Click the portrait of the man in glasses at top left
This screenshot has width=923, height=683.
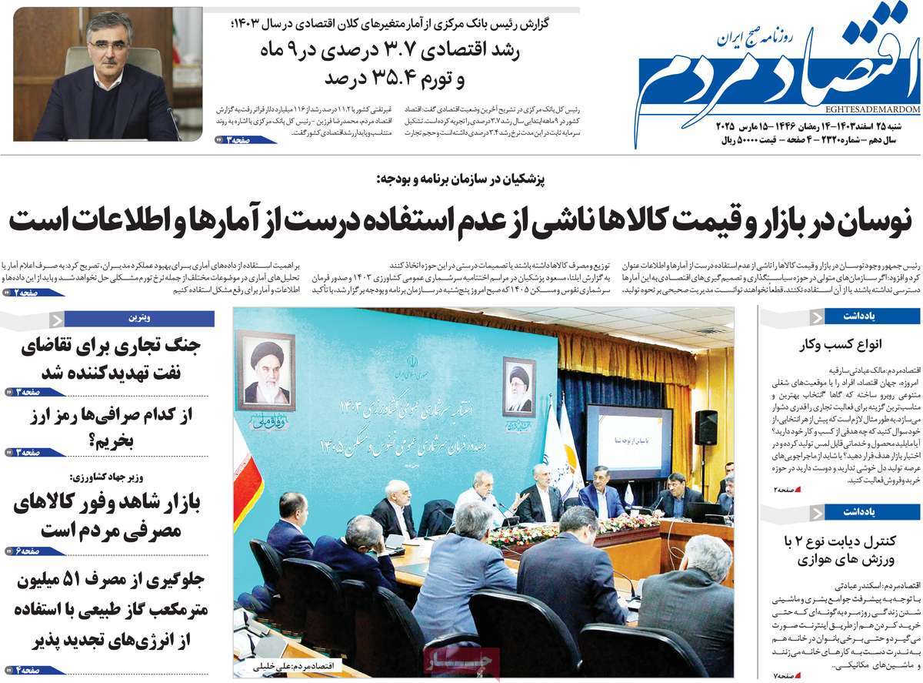[x=107, y=74]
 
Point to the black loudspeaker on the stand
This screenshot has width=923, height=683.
[x=705, y=427]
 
